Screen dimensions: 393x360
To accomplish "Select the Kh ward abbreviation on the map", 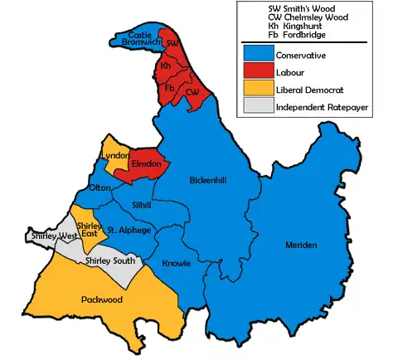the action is (x=166, y=65).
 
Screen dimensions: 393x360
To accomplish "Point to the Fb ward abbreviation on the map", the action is (x=170, y=87).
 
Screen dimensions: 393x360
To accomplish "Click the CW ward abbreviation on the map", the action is (x=193, y=93).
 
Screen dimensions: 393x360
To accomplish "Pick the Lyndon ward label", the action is (x=114, y=156).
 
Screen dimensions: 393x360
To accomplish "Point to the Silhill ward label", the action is (x=143, y=204).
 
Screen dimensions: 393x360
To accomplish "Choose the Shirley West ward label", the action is (x=49, y=236).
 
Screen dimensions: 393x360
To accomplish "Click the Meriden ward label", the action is (x=301, y=246).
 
